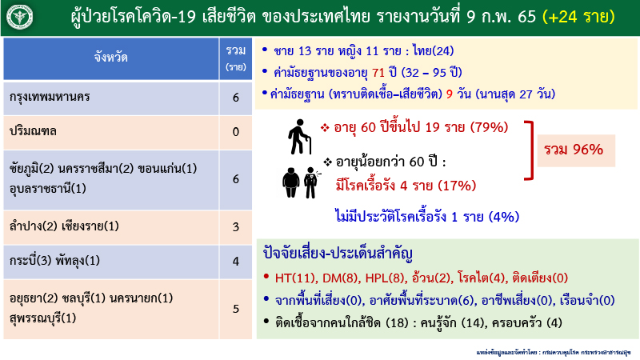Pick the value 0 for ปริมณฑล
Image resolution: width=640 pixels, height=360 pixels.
click(235, 131)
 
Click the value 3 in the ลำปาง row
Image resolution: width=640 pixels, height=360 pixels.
click(235, 227)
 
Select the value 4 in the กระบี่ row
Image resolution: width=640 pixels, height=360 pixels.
click(235, 261)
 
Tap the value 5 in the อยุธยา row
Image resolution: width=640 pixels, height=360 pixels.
click(235, 307)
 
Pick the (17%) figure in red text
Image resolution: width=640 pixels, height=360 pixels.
click(457, 186)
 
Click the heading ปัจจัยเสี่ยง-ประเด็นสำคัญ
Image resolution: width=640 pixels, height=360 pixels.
click(337, 256)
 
